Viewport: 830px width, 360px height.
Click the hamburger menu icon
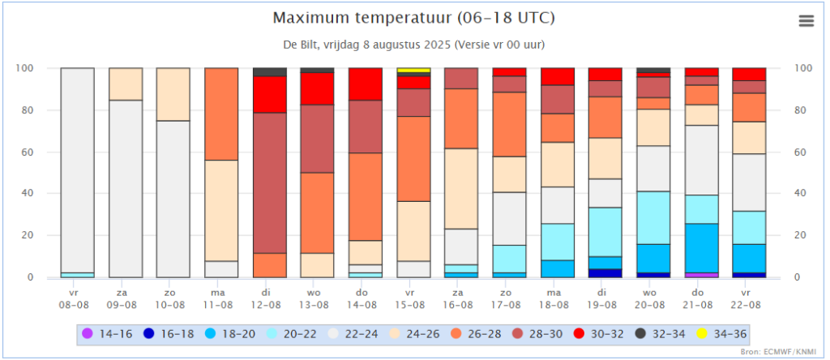[806, 21]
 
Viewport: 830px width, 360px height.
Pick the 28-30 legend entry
[548, 332]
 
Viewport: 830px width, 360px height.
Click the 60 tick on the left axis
[24, 152]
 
